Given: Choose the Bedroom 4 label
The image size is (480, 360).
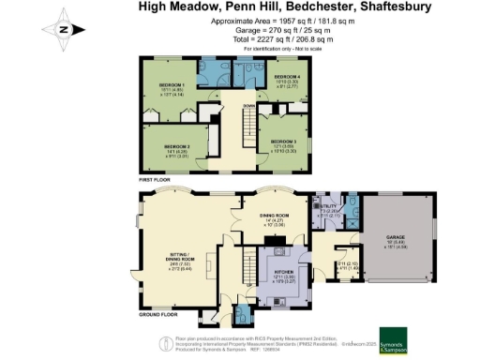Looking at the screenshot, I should [x=288, y=77].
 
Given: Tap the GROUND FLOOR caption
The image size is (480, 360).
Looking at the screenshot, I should [x=159, y=316].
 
